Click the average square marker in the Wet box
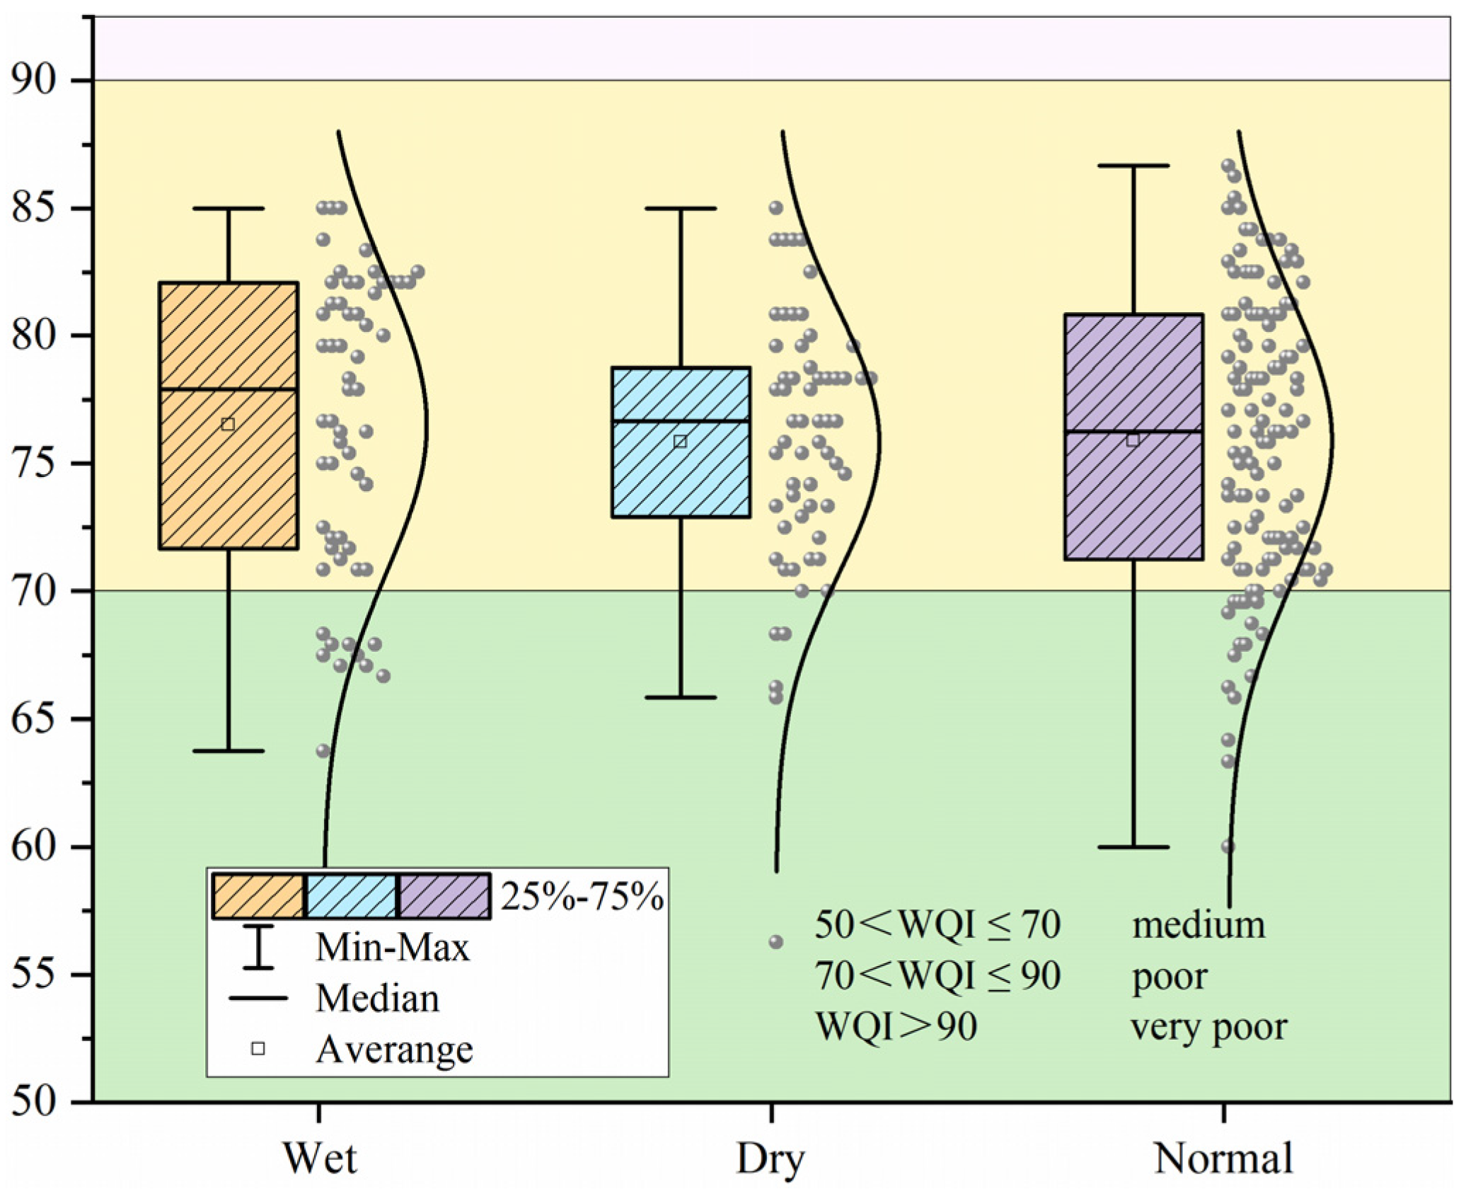click(228, 425)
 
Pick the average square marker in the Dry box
click(681, 442)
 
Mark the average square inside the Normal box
click(1133, 440)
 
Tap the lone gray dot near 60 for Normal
click(1228, 846)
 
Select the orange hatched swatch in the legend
click(258, 896)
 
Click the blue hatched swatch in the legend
click(352, 896)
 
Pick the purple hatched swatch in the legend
click(444, 896)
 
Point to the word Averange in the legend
click(394, 1050)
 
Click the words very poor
click(1209, 1026)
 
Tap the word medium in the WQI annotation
click(1199, 925)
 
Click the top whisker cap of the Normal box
click(1133, 166)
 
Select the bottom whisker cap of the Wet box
click(229, 751)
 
